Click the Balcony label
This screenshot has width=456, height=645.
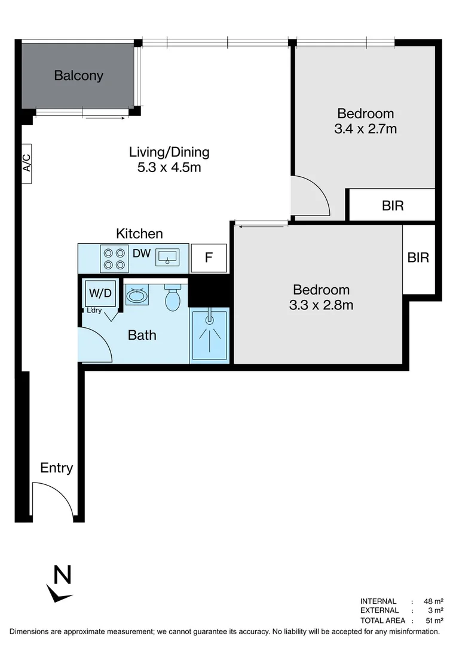click(78, 76)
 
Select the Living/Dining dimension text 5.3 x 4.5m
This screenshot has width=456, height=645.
click(169, 167)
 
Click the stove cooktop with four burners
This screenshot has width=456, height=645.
click(114, 259)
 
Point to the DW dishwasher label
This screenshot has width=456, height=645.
click(141, 254)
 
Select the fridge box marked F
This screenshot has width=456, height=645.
click(209, 259)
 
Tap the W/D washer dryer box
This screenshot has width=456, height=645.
click(100, 293)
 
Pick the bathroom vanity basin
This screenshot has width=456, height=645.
click(137, 296)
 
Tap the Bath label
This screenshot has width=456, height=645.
click(142, 335)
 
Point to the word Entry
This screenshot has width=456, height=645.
click(56, 468)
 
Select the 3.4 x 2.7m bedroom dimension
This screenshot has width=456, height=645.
click(366, 128)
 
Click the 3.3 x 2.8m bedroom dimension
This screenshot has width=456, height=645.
click(321, 305)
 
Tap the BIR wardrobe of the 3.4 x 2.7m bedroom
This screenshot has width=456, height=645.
click(392, 205)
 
